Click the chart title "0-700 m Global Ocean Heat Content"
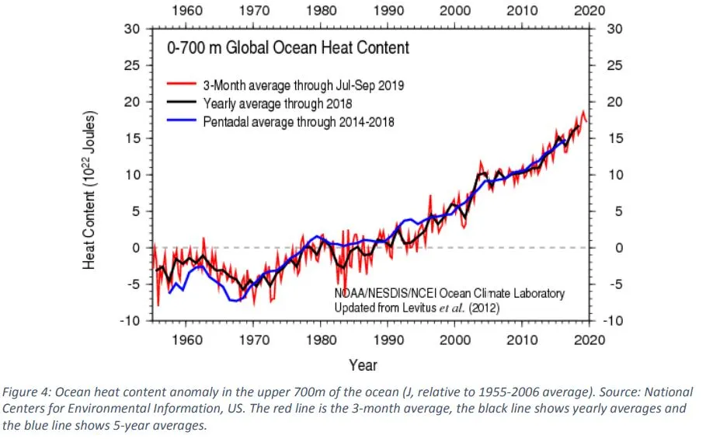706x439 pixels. (289, 48)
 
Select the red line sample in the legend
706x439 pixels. (182, 84)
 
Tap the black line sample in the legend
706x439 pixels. (182, 103)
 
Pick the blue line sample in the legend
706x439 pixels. (182, 122)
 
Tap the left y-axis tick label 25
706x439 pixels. (133, 65)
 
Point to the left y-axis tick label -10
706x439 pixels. (130, 320)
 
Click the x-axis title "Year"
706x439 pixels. (363, 364)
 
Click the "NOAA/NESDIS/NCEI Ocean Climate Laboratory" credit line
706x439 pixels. (450, 294)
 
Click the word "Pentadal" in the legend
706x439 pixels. (226, 122)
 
